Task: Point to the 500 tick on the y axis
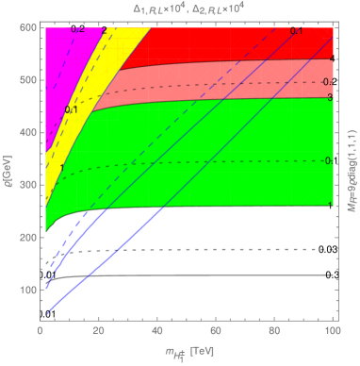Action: pyautogui.click(x=29, y=83)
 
